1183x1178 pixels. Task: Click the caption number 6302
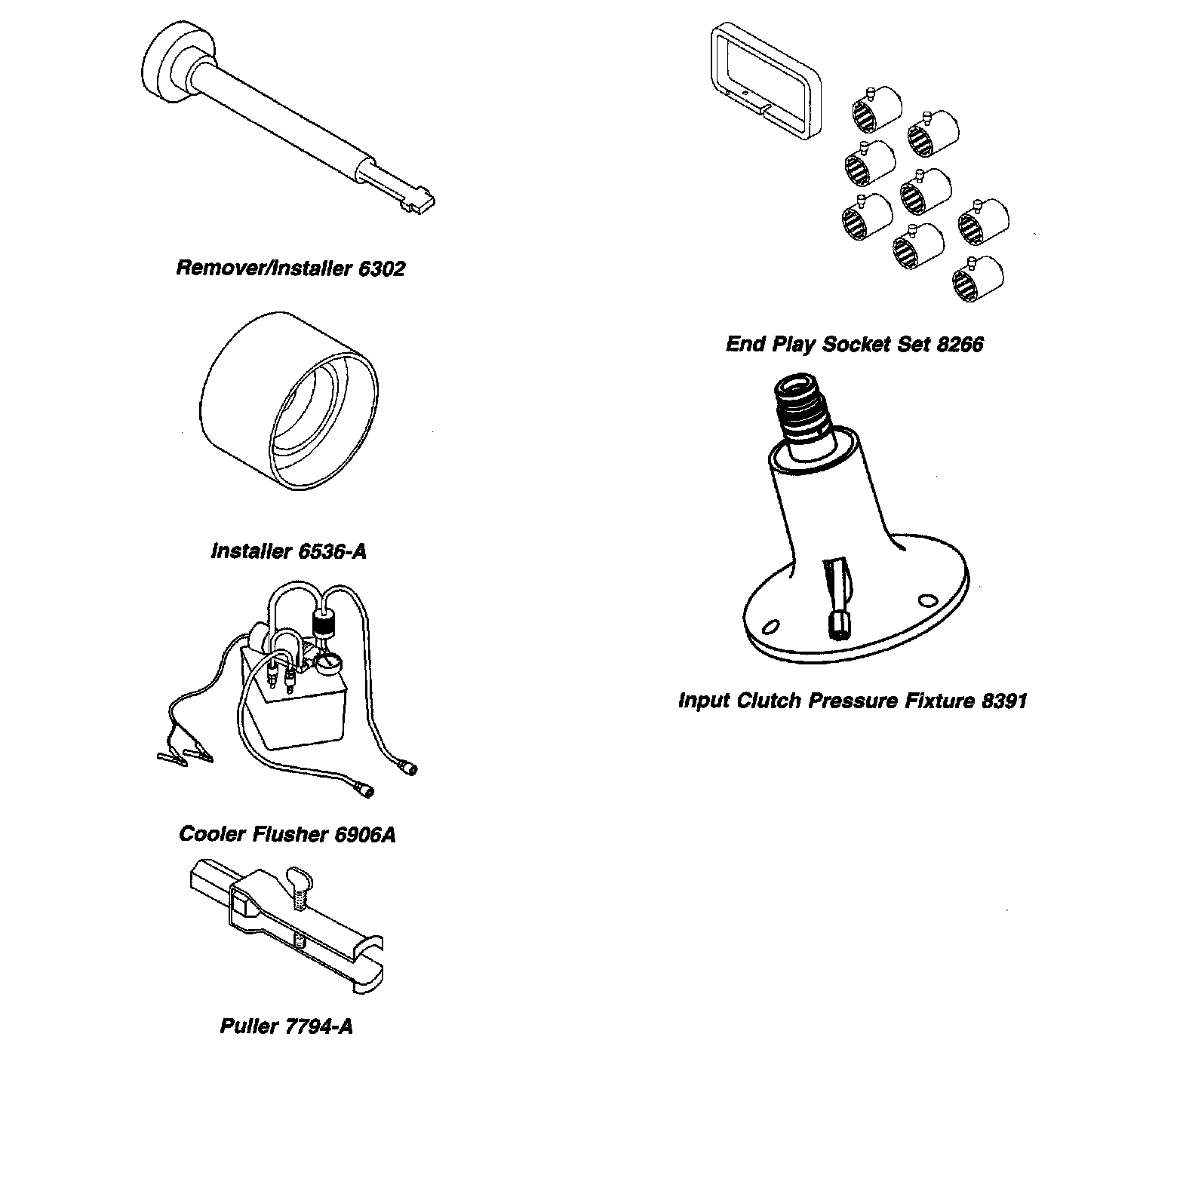pyautogui.click(x=381, y=268)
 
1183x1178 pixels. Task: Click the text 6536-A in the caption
pyautogui.click(x=333, y=551)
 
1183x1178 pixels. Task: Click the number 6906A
pyautogui.click(x=365, y=834)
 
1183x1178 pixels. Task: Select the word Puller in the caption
pyautogui.click(x=249, y=1026)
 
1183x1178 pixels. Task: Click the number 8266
pyautogui.click(x=960, y=344)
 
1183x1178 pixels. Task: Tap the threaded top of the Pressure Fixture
pyautogui.click(x=803, y=412)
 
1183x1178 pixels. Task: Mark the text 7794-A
pyautogui.click(x=319, y=1026)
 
